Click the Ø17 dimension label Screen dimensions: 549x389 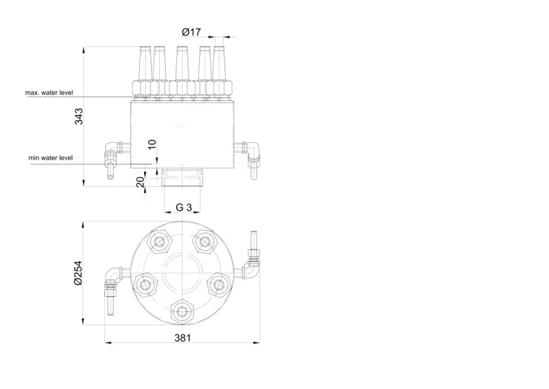coord(191,32)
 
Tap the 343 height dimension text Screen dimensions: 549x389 coord(79,116)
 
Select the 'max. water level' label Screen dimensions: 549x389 coord(49,93)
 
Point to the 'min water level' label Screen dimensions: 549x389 coord(51,158)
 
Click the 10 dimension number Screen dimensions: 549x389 coord(152,144)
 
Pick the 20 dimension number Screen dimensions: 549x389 coord(140,182)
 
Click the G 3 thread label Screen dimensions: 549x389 coord(184,208)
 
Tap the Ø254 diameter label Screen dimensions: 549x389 coord(78,273)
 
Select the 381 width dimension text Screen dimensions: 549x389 coord(183,337)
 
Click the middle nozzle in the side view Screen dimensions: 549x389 coord(182,63)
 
